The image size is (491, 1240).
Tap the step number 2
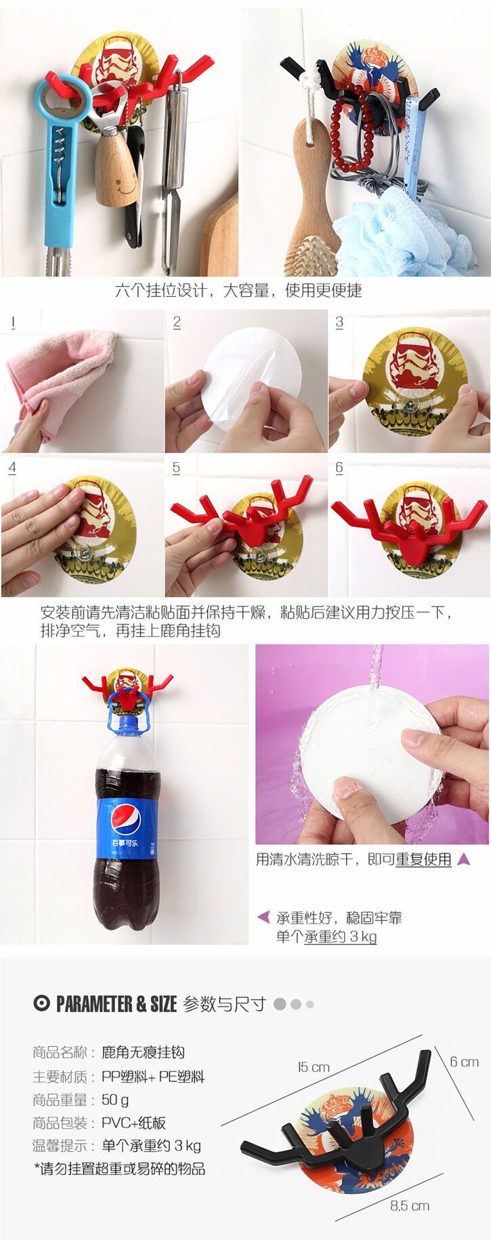[x=177, y=322]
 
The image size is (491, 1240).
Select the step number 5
[x=176, y=468]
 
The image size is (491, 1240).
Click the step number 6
[x=339, y=468]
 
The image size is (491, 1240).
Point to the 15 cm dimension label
[x=314, y=1067]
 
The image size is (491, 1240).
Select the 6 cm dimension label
[x=464, y=1062]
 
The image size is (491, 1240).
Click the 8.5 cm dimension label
[x=410, y=1205]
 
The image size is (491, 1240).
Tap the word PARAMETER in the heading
[x=95, y=1004]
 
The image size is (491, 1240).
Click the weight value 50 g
[x=115, y=1100]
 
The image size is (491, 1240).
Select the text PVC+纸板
[x=133, y=1123]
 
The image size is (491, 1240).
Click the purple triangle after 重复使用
[x=464, y=859]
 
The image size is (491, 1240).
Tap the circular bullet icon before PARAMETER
[x=41, y=1004]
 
